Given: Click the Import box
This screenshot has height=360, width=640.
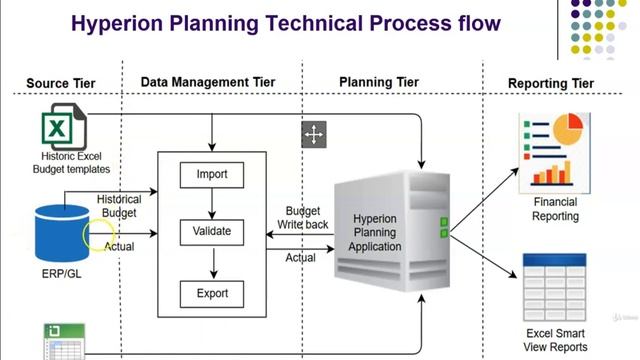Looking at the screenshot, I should tap(212, 175).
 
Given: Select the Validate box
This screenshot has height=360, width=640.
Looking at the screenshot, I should tap(212, 232).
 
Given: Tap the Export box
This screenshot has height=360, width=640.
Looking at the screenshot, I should tap(212, 293).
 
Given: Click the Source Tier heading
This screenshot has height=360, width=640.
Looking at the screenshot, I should tap(62, 84).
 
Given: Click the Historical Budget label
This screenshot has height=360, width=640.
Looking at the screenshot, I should tap(119, 206).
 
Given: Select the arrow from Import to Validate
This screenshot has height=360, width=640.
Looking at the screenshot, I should tap(212, 204).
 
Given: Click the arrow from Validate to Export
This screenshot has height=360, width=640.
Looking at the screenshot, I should tap(212, 262).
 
